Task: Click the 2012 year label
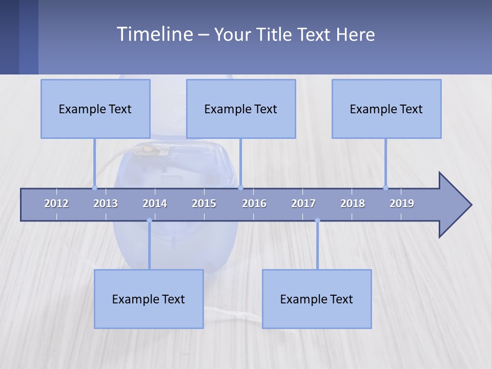click(x=56, y=203)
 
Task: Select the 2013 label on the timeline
click(x=106, y=203)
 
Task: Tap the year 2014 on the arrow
click(x=155, y=203)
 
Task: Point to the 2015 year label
click(x=204, y=203)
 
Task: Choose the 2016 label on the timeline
click(x=254, y=203)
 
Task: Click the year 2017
click(x=303, y=203)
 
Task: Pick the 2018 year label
click(x=353, y=203)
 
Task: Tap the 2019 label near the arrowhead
click(x=402, y=203)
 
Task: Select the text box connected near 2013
click(x=95, y=109)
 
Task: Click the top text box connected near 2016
click(x=241, y=109)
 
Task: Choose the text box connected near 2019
click(x=386, y=109)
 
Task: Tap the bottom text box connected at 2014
click(x=149, y=299)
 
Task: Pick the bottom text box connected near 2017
click(x=317, y=299)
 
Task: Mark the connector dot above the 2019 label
click(x=385, y=188)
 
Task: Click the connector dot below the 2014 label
click(x=149, y=220)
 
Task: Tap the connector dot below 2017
click(x=317, y=220)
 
